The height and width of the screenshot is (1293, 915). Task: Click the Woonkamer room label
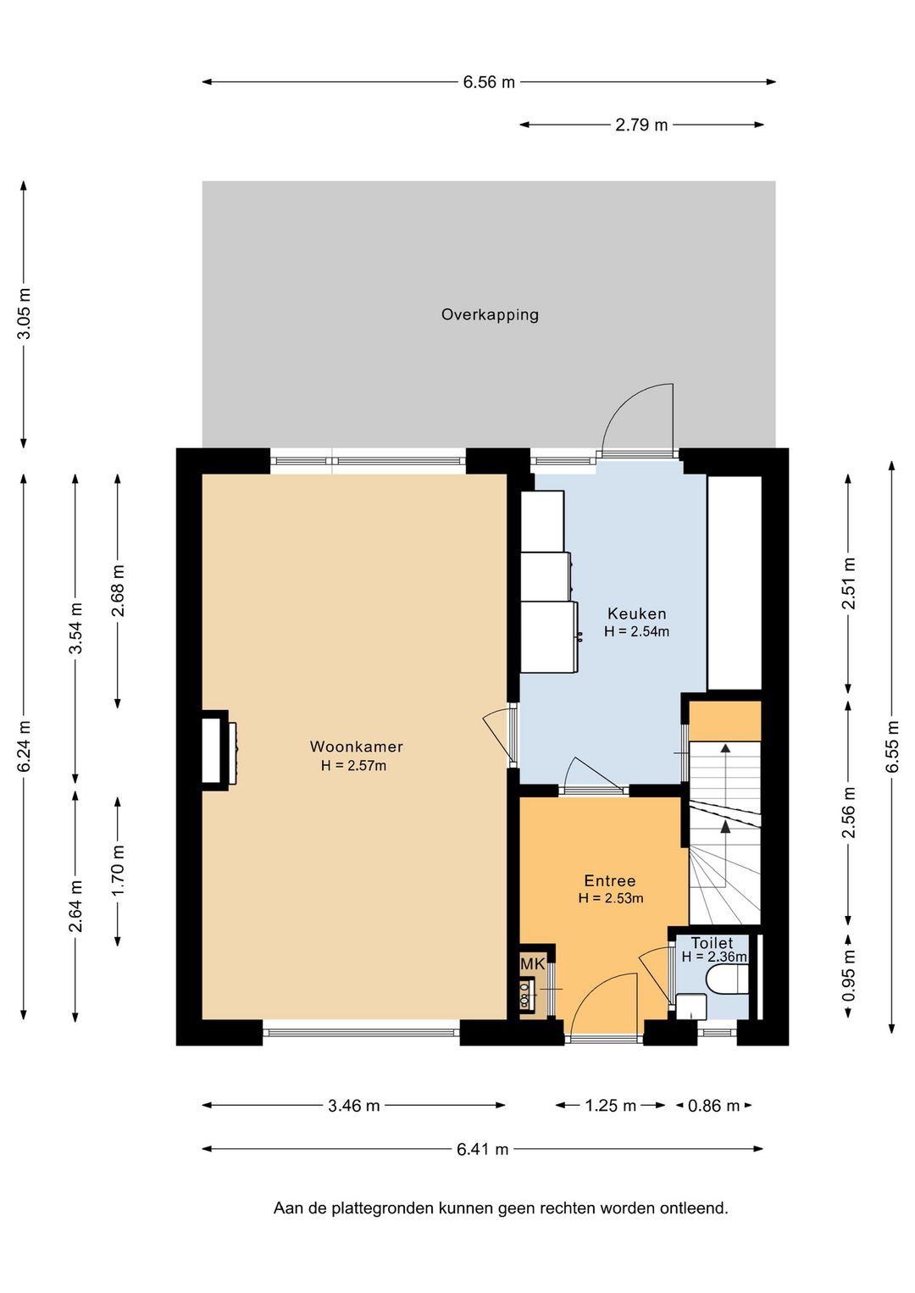(x=356, y=746)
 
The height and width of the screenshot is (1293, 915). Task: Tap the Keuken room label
(x=637, y=613)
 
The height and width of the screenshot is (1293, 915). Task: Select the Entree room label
(x=610, y=881)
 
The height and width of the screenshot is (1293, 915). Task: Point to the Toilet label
(x=712, y=943)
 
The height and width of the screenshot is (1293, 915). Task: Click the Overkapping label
(x=490, y=315)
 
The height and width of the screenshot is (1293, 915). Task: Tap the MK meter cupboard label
(x=533, y=964)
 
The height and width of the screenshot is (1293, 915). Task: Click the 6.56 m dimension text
(x=489, y=82)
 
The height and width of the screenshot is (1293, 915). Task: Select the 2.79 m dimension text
(x=641, y=125)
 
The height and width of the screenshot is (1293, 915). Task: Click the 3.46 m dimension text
(x=354, y=1106)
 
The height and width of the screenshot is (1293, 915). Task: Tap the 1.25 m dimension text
(x=610, y=1106)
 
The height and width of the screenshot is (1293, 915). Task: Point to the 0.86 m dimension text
(x=713, y=1106)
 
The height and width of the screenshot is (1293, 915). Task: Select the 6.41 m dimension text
(x=483, y=1149)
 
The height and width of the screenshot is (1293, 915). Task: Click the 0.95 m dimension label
(x=848, y=977)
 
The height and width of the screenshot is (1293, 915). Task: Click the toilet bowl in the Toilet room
(x=728, y=981)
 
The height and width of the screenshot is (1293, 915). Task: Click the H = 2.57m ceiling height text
(x=354, y=766)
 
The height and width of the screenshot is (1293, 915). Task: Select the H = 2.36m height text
(x=714, y=957)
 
